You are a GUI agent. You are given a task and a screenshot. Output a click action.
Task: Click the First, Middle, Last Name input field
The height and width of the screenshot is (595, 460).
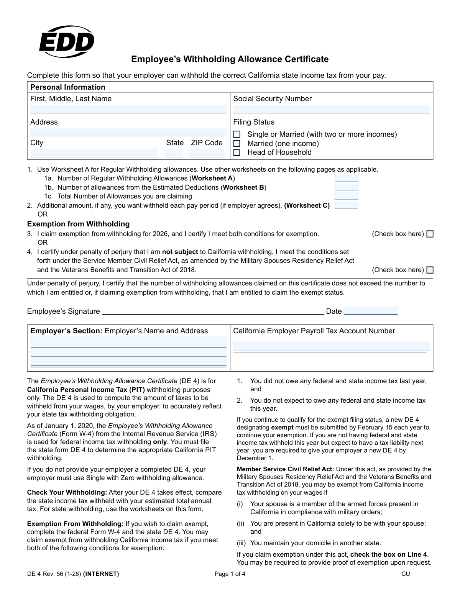pos(128,110)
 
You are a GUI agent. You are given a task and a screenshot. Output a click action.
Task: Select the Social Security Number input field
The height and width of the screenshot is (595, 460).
pos(331,110)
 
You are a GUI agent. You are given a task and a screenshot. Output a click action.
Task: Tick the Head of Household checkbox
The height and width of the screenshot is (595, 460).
pos(237,152)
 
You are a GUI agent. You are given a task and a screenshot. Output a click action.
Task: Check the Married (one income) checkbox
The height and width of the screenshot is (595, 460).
pos(237,144)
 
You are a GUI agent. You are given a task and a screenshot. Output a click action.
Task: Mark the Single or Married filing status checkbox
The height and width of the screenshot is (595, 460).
pos(237,134)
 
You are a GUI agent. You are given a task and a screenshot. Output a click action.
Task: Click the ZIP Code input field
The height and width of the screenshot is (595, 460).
pos(207,153)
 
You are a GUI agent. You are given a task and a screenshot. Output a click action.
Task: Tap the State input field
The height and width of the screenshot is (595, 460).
pos(174,153)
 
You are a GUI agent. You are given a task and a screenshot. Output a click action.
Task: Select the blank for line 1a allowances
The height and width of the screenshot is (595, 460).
pos(347,178)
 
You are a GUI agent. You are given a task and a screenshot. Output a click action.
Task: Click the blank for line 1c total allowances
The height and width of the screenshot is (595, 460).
pos(347,196)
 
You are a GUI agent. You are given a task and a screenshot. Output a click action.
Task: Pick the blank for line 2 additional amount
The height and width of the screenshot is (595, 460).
pos(347,205)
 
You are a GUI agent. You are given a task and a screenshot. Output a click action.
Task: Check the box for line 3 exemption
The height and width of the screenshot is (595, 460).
pos(430,234)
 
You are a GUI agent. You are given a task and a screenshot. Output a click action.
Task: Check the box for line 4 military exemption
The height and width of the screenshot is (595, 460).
pos(430,270)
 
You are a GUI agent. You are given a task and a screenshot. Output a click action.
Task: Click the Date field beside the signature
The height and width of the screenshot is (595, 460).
pos(371,311)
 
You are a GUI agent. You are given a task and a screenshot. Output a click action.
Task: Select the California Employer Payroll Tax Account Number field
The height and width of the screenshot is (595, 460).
pos(331,346)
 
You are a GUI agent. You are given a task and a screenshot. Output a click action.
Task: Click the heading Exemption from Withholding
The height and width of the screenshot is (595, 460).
pos(78,224)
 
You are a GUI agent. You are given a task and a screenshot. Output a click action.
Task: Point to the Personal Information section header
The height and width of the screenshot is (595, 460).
pos(67,87)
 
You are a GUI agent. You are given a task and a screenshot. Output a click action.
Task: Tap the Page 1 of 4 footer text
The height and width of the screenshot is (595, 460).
pos(230,574)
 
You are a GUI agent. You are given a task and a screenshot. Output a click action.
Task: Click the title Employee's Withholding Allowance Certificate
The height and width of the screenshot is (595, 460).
pos(230,59)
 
